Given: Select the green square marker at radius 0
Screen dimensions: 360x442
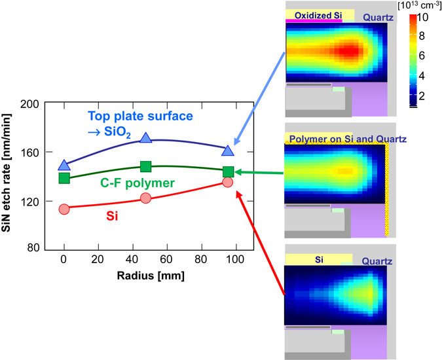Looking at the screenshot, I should coord(64,177).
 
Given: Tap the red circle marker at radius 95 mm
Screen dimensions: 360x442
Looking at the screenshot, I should coord(227,182).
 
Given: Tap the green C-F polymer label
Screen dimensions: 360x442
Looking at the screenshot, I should coord(138,183).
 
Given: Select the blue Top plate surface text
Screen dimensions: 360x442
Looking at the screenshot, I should coord(140,116).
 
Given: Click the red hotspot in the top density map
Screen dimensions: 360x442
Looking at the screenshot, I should coord(350,51).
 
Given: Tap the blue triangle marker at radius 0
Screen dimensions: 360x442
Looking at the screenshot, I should coord(64,166).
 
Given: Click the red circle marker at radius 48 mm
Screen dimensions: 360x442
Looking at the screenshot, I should coord(145,198).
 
